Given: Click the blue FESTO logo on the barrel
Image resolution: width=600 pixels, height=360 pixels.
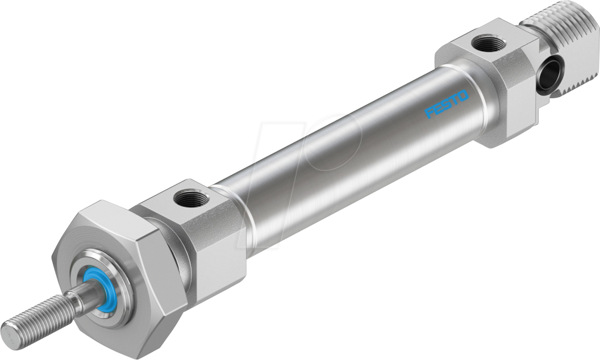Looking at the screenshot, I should (x=448, y=104).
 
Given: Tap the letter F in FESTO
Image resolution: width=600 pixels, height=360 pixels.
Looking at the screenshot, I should (x=430, y=112).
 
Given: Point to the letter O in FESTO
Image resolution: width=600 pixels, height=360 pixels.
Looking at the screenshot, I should (x=464, y=95).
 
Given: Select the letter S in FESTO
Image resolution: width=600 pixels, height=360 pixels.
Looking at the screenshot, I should (x=447, y=104).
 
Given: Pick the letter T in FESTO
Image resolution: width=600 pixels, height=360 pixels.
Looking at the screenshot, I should (x=455, y=100).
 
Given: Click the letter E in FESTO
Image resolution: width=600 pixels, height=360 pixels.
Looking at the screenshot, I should (x=439, y=108).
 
